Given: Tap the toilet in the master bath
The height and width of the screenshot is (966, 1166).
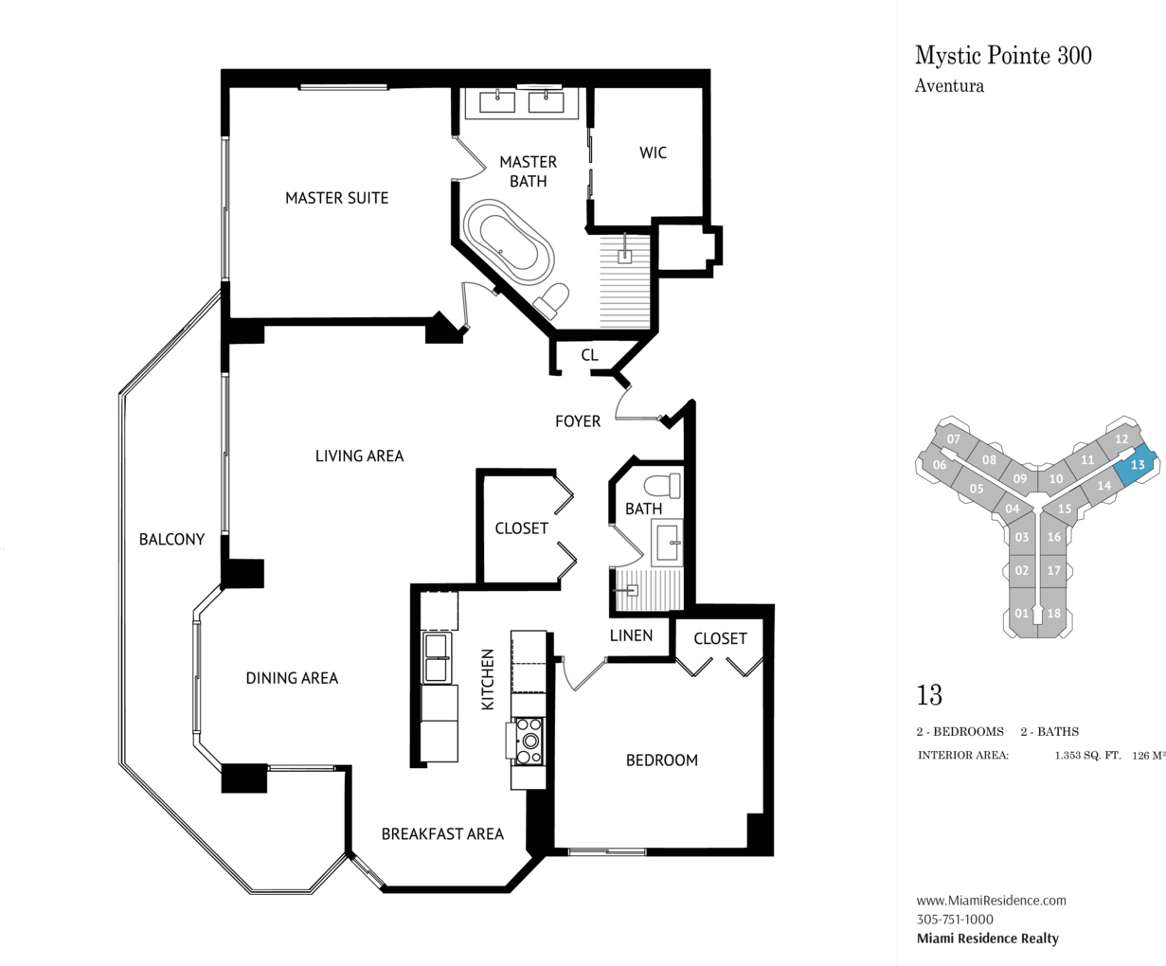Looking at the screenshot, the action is coord(551,300).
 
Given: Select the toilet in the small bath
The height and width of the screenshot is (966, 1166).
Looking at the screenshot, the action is coord(662,486).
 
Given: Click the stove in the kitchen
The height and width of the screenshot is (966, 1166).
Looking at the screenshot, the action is coord(529,741).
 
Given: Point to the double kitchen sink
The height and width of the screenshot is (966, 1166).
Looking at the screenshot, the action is coord(436,658).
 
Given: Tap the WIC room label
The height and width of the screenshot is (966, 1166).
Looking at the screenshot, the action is coord(653,152).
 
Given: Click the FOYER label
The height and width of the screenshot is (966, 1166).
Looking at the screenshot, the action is coord(578,421).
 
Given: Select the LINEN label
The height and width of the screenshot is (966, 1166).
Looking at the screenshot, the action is coord(631,635).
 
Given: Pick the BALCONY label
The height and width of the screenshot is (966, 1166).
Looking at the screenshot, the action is coord(171,540).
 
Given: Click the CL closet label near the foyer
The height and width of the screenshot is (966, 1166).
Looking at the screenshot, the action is coord(590,354).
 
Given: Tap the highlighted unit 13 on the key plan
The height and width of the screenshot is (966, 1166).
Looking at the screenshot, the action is coord(1137,465).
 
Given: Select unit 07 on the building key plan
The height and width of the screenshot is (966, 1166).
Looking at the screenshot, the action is coord(953,438).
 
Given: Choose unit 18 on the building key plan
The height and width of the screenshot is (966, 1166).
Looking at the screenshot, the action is coord(1053,613).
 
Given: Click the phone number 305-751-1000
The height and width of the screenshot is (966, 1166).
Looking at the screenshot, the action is coord(955,919).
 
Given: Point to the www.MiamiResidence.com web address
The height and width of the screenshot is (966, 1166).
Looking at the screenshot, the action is coord(991,900).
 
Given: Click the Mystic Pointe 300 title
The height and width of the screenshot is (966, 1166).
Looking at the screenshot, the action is coord(1003,56).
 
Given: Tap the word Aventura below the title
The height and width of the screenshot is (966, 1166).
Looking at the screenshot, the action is coord(949,86).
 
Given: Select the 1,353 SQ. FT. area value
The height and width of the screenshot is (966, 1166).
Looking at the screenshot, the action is coord(1087,756).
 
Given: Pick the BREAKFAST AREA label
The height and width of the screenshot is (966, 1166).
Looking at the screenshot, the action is coord(442,834).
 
